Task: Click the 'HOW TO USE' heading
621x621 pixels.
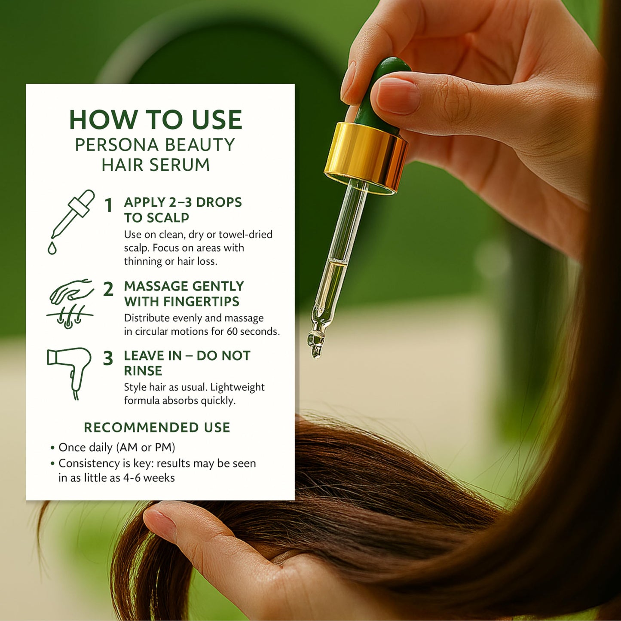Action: pos(156,120)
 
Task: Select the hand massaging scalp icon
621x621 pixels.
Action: pos(70,303)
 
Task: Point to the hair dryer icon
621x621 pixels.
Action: pos(69,373)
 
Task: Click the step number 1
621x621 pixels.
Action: pos(109,205)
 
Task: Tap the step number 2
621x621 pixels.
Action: pos(108,289)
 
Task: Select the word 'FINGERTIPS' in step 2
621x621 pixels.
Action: pos(202,302)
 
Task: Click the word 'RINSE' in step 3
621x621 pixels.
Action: pos(143,371)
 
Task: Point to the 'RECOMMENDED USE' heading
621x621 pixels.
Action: pos(157,428)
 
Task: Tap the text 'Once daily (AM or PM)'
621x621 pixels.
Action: pos(116,448)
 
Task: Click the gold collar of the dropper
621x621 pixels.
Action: pos(366,158)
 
